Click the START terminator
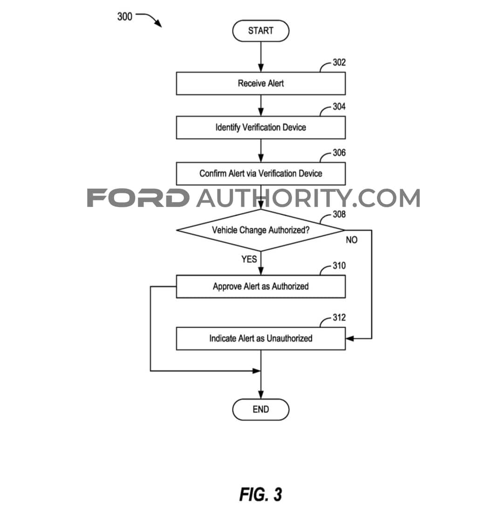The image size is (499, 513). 261,31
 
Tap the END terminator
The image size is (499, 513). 261,409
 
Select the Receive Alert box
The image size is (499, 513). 261,83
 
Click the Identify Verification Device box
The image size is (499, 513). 261,128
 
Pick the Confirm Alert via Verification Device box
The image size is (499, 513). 261,173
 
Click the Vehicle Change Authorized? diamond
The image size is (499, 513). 261,230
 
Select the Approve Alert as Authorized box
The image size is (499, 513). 261,287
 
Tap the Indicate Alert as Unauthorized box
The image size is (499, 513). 261,339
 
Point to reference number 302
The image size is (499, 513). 339,62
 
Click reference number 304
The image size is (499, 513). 339,106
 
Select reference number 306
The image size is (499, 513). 339,152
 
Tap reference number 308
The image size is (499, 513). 339,214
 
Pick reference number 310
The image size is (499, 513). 339,265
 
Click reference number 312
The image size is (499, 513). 339,317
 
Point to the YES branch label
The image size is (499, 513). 249,259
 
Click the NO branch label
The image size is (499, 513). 351,240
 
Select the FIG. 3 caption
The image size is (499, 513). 260,494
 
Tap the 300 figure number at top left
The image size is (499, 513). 125,16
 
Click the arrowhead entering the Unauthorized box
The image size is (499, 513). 349,339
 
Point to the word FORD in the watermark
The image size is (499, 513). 138,198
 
